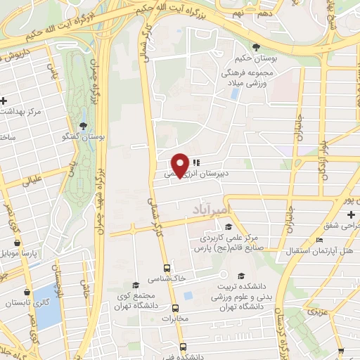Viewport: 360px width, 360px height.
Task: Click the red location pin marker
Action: click(x=181, y=165)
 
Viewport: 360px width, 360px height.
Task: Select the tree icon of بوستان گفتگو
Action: click(x=84, y=126)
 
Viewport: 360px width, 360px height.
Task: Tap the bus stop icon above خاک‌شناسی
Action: click(x=167, y=268)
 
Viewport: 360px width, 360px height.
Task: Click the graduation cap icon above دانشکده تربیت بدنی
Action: click(x=243, y=276)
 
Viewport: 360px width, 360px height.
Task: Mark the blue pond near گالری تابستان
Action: click(x=48, y=307)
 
